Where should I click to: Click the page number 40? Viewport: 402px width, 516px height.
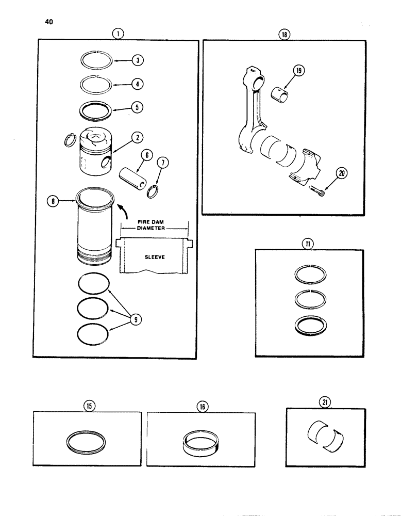tap(49, 22)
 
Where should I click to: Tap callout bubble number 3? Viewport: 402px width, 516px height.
tap(138, 60)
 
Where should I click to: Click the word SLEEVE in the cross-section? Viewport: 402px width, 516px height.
tap(154, 256)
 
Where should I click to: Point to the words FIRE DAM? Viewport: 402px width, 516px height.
tap(155, 223)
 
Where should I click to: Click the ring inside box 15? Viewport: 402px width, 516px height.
tap(87, 441)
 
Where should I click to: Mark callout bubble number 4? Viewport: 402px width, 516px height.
tap(138, 83)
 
